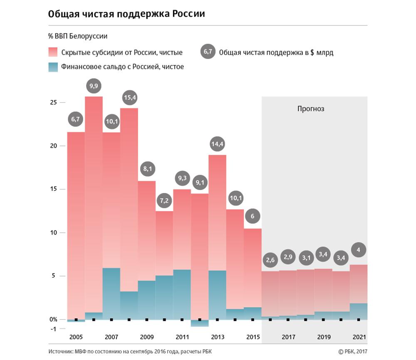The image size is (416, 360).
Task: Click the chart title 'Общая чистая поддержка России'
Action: tap(126, 14)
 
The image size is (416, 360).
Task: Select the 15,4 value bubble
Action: tap(130, 98)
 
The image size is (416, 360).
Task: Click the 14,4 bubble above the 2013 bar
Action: tap(218, 145)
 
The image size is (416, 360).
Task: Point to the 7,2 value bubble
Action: tap(164, 201)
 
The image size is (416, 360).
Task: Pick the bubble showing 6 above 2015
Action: tap(253, 217)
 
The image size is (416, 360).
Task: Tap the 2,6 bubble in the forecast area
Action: tap(270, 260)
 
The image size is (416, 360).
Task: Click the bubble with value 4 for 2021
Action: tap(358, 250)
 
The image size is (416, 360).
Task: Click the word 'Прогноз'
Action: tap(311, 109)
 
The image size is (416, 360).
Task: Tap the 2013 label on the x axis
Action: tap(218, 337)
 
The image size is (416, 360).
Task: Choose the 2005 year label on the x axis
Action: tap(76, 337)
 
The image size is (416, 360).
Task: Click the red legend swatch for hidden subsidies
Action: tap(53, 52)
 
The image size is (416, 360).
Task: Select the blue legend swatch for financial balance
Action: tap(53, 67)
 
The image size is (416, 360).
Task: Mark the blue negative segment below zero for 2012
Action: tap(200, 323)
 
